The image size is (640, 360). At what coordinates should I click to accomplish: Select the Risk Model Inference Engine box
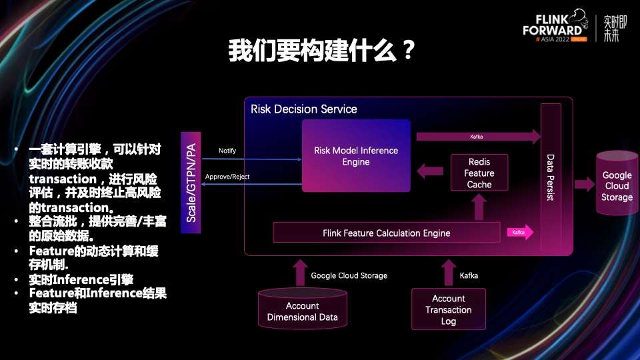[x=356, y=156]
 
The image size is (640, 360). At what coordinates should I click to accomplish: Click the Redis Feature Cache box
[x=479, y=173]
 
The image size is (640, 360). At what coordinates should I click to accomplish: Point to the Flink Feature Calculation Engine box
[x=386, y=233]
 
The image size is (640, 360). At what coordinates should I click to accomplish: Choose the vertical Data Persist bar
[x=551, y=178]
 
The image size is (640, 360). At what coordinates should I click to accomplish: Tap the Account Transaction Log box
[x=448, y=309]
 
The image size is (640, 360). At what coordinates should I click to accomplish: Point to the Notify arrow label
[x=227, y=151]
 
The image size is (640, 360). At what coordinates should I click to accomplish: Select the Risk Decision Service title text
[x=304, y=109]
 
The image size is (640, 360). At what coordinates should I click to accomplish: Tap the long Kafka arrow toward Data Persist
[x=477, y=137]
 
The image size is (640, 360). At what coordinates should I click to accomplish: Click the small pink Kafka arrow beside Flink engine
[x=520, y=233]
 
